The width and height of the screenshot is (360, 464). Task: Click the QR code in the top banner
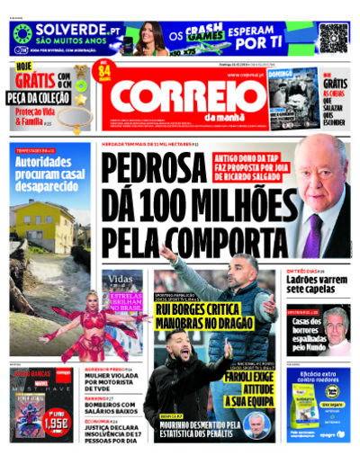[x=332, y=39]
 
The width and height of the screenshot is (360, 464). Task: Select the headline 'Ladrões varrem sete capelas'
[x=316, y=284]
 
